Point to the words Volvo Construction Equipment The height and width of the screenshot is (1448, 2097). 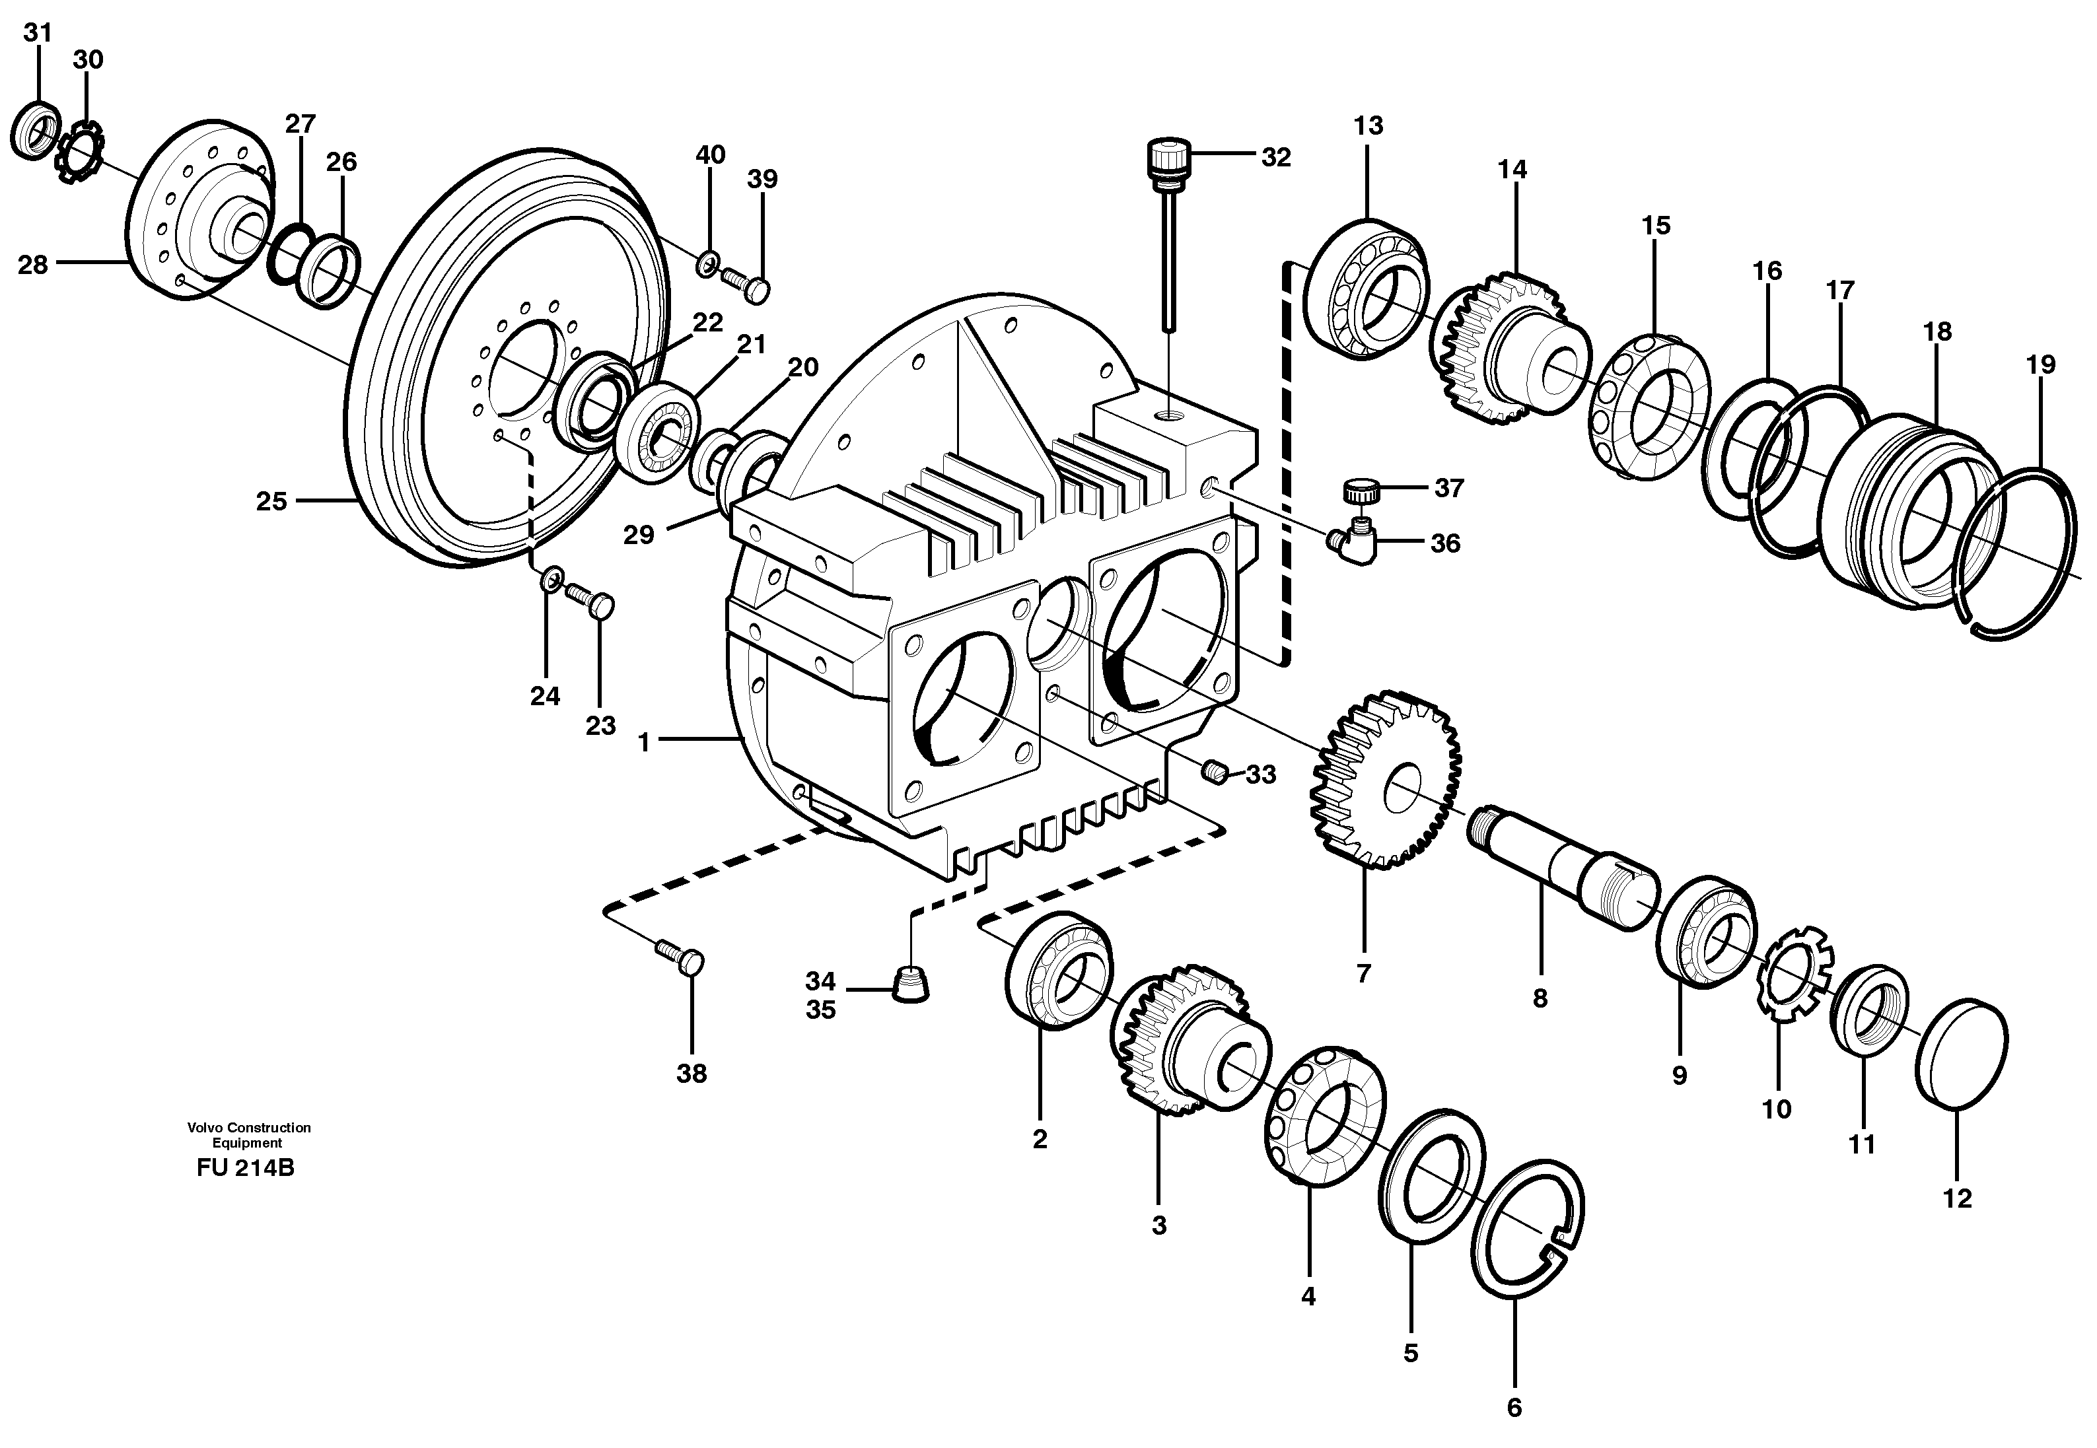248,1134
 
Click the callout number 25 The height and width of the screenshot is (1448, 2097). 270,500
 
